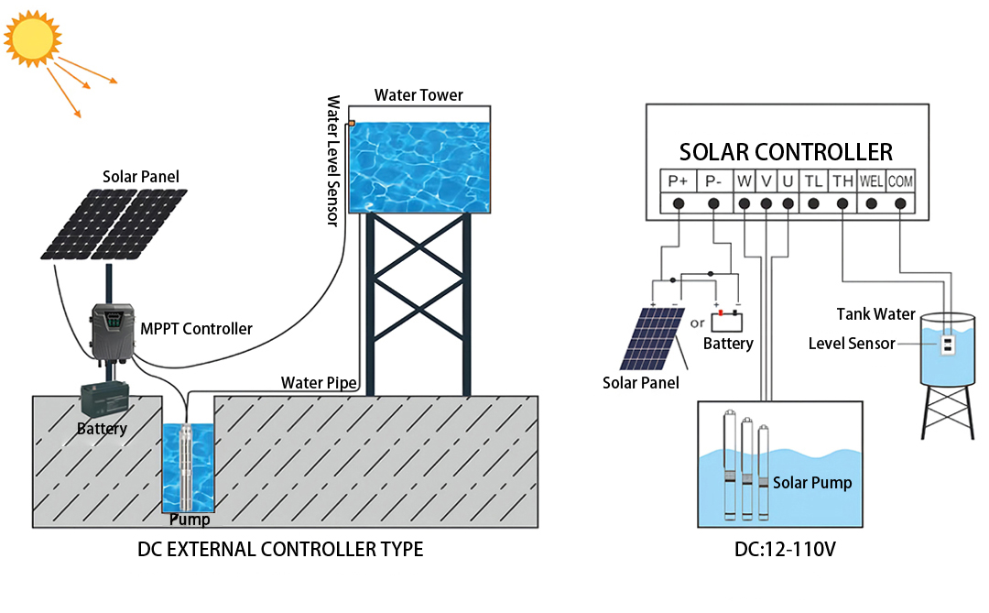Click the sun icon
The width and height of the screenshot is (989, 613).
33,37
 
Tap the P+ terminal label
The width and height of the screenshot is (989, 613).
679,181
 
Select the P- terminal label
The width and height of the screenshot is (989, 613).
713,181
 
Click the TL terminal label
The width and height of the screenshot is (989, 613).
813,181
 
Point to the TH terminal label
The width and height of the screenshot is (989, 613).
842,181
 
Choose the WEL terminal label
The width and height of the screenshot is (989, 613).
871,181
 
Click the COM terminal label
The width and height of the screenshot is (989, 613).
900,181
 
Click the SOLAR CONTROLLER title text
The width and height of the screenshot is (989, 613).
786,151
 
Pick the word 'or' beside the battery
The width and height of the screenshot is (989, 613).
697,322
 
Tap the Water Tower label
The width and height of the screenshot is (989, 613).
418,95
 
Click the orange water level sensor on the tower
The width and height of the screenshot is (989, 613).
350,123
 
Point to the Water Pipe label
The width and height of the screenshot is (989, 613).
318,382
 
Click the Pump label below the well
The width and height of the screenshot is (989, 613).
190,520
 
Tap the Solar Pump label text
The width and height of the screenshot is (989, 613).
811,483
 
